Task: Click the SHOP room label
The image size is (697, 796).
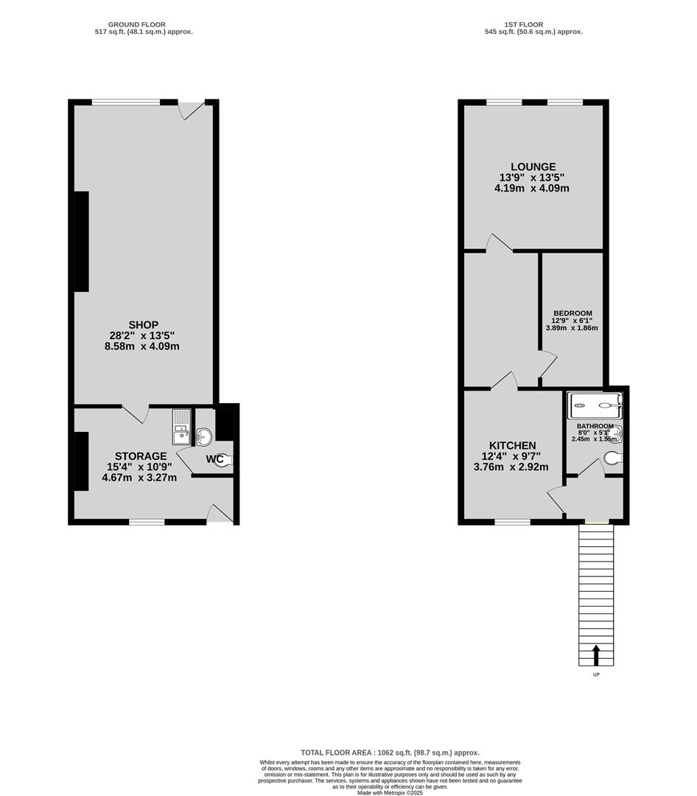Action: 143,325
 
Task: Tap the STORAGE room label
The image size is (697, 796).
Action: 141,456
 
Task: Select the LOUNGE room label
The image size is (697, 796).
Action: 533,167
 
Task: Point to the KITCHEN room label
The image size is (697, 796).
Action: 512,445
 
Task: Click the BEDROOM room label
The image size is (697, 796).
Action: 572,313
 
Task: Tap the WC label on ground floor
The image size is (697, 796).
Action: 214,459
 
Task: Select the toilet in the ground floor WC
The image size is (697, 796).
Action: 227,460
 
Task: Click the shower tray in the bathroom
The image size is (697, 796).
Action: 595,405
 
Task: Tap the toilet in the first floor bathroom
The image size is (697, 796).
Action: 613,458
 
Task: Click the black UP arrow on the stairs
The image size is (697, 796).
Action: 596,654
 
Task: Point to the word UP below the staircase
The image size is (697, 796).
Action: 597,674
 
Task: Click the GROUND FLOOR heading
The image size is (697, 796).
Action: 136,24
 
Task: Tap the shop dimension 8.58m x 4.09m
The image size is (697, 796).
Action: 141,346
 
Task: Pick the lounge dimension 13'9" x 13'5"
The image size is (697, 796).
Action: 531,178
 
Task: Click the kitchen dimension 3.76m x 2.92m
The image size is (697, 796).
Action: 511,467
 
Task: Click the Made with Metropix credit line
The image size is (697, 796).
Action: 390,792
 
